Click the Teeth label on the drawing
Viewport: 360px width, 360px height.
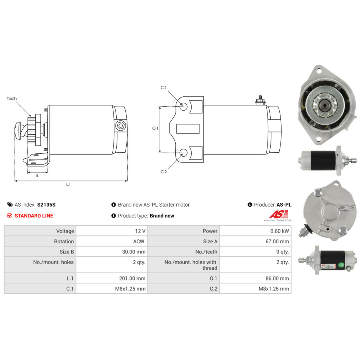(12, 99)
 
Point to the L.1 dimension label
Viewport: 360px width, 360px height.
(68, 184)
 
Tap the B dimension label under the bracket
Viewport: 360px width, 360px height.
(37, 175)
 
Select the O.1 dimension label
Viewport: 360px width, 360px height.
(155, 128)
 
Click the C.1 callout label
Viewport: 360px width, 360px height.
(163, 87)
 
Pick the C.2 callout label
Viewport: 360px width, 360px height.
(164, 172)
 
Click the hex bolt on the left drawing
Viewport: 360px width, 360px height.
(120, 126)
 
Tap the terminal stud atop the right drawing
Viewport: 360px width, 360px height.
(260, 100)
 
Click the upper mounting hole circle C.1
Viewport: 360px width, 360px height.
(183, 107)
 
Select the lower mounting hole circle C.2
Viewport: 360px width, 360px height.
(183, 153)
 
